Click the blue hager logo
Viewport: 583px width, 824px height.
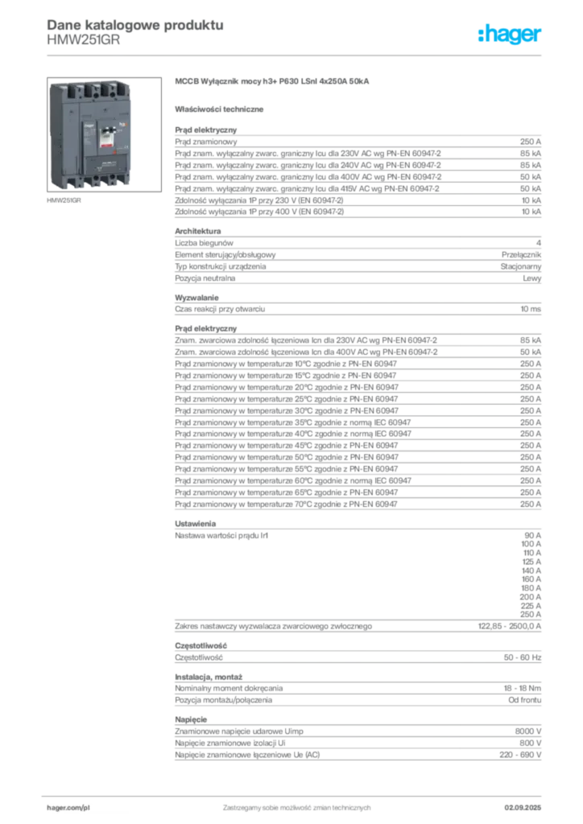tap(511, 35)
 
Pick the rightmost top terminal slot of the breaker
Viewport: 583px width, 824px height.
tap(118, 88)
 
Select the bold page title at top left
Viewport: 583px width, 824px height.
tap(134, 24)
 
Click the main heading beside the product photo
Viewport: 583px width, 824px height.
tap(274, 82)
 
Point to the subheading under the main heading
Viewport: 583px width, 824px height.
tap(221, 108)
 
